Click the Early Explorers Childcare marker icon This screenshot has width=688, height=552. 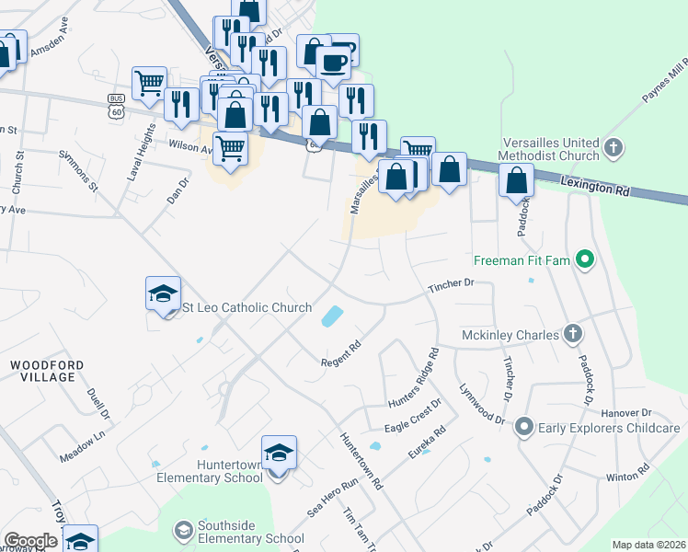pos(524,427)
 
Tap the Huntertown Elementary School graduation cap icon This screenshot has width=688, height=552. pos(279,453)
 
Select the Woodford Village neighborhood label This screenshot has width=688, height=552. pos(47,372)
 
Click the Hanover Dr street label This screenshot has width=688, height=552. pos(626,413)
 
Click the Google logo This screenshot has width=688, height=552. pos(29,541)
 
